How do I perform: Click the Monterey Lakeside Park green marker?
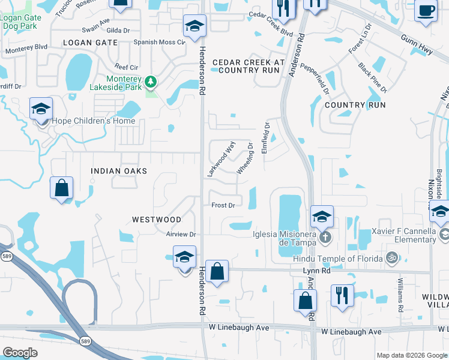(x=151, y=81)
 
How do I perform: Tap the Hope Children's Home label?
(x=94, y=121)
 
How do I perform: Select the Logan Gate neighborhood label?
(x=89, y=43)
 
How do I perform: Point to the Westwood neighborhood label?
(x=156, y=220)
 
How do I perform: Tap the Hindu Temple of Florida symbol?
(x=392, y=258)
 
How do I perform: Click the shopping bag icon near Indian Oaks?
(x=62, y=189)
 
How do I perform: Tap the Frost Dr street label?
(x=223, y=205)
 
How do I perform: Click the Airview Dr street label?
(x=182, y=234)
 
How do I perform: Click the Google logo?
(x=20, y=353)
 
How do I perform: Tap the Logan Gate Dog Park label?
(x=21, y=22)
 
